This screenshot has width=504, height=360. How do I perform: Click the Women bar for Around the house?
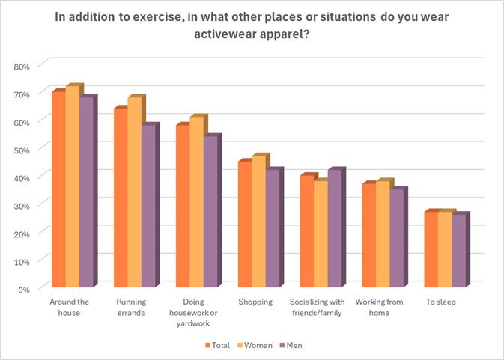click(x=72, y=187)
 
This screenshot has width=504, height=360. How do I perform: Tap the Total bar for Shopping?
click(x=244, y=225)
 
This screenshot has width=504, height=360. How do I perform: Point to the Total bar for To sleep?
click(x=431, y=250)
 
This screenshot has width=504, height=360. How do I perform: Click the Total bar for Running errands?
click(x=120, y=198)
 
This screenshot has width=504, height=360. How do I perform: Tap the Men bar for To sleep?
click(x=458, y=251)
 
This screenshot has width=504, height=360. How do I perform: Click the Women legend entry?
click(x=253, y=345)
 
